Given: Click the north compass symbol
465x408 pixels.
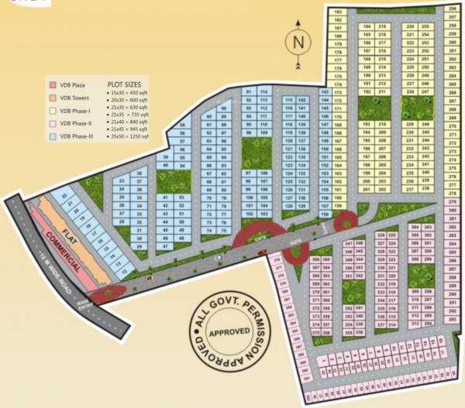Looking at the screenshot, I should [x=296, y=41].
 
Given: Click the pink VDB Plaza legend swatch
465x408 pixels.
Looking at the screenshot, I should [x=53, y=83].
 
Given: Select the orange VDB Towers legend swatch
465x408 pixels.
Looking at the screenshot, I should [x=53, y=98].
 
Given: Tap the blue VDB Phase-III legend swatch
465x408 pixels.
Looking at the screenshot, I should [x=53, y=135].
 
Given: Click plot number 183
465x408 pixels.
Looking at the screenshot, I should [x=338, y=12].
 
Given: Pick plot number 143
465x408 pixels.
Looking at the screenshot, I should [x=325, y=92].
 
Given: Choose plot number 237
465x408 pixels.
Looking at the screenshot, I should [x=410, y=188].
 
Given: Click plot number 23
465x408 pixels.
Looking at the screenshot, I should [x=122, y=181].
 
